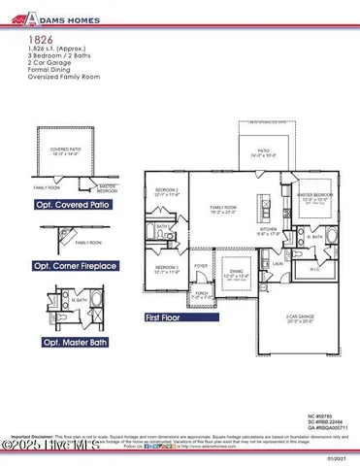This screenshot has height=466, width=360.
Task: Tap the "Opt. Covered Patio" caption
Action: [76, 205]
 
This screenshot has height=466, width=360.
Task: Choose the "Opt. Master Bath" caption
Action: [73, 343]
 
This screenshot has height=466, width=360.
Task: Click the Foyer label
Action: [201, 265]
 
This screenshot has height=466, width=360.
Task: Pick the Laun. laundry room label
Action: [277, 262]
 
